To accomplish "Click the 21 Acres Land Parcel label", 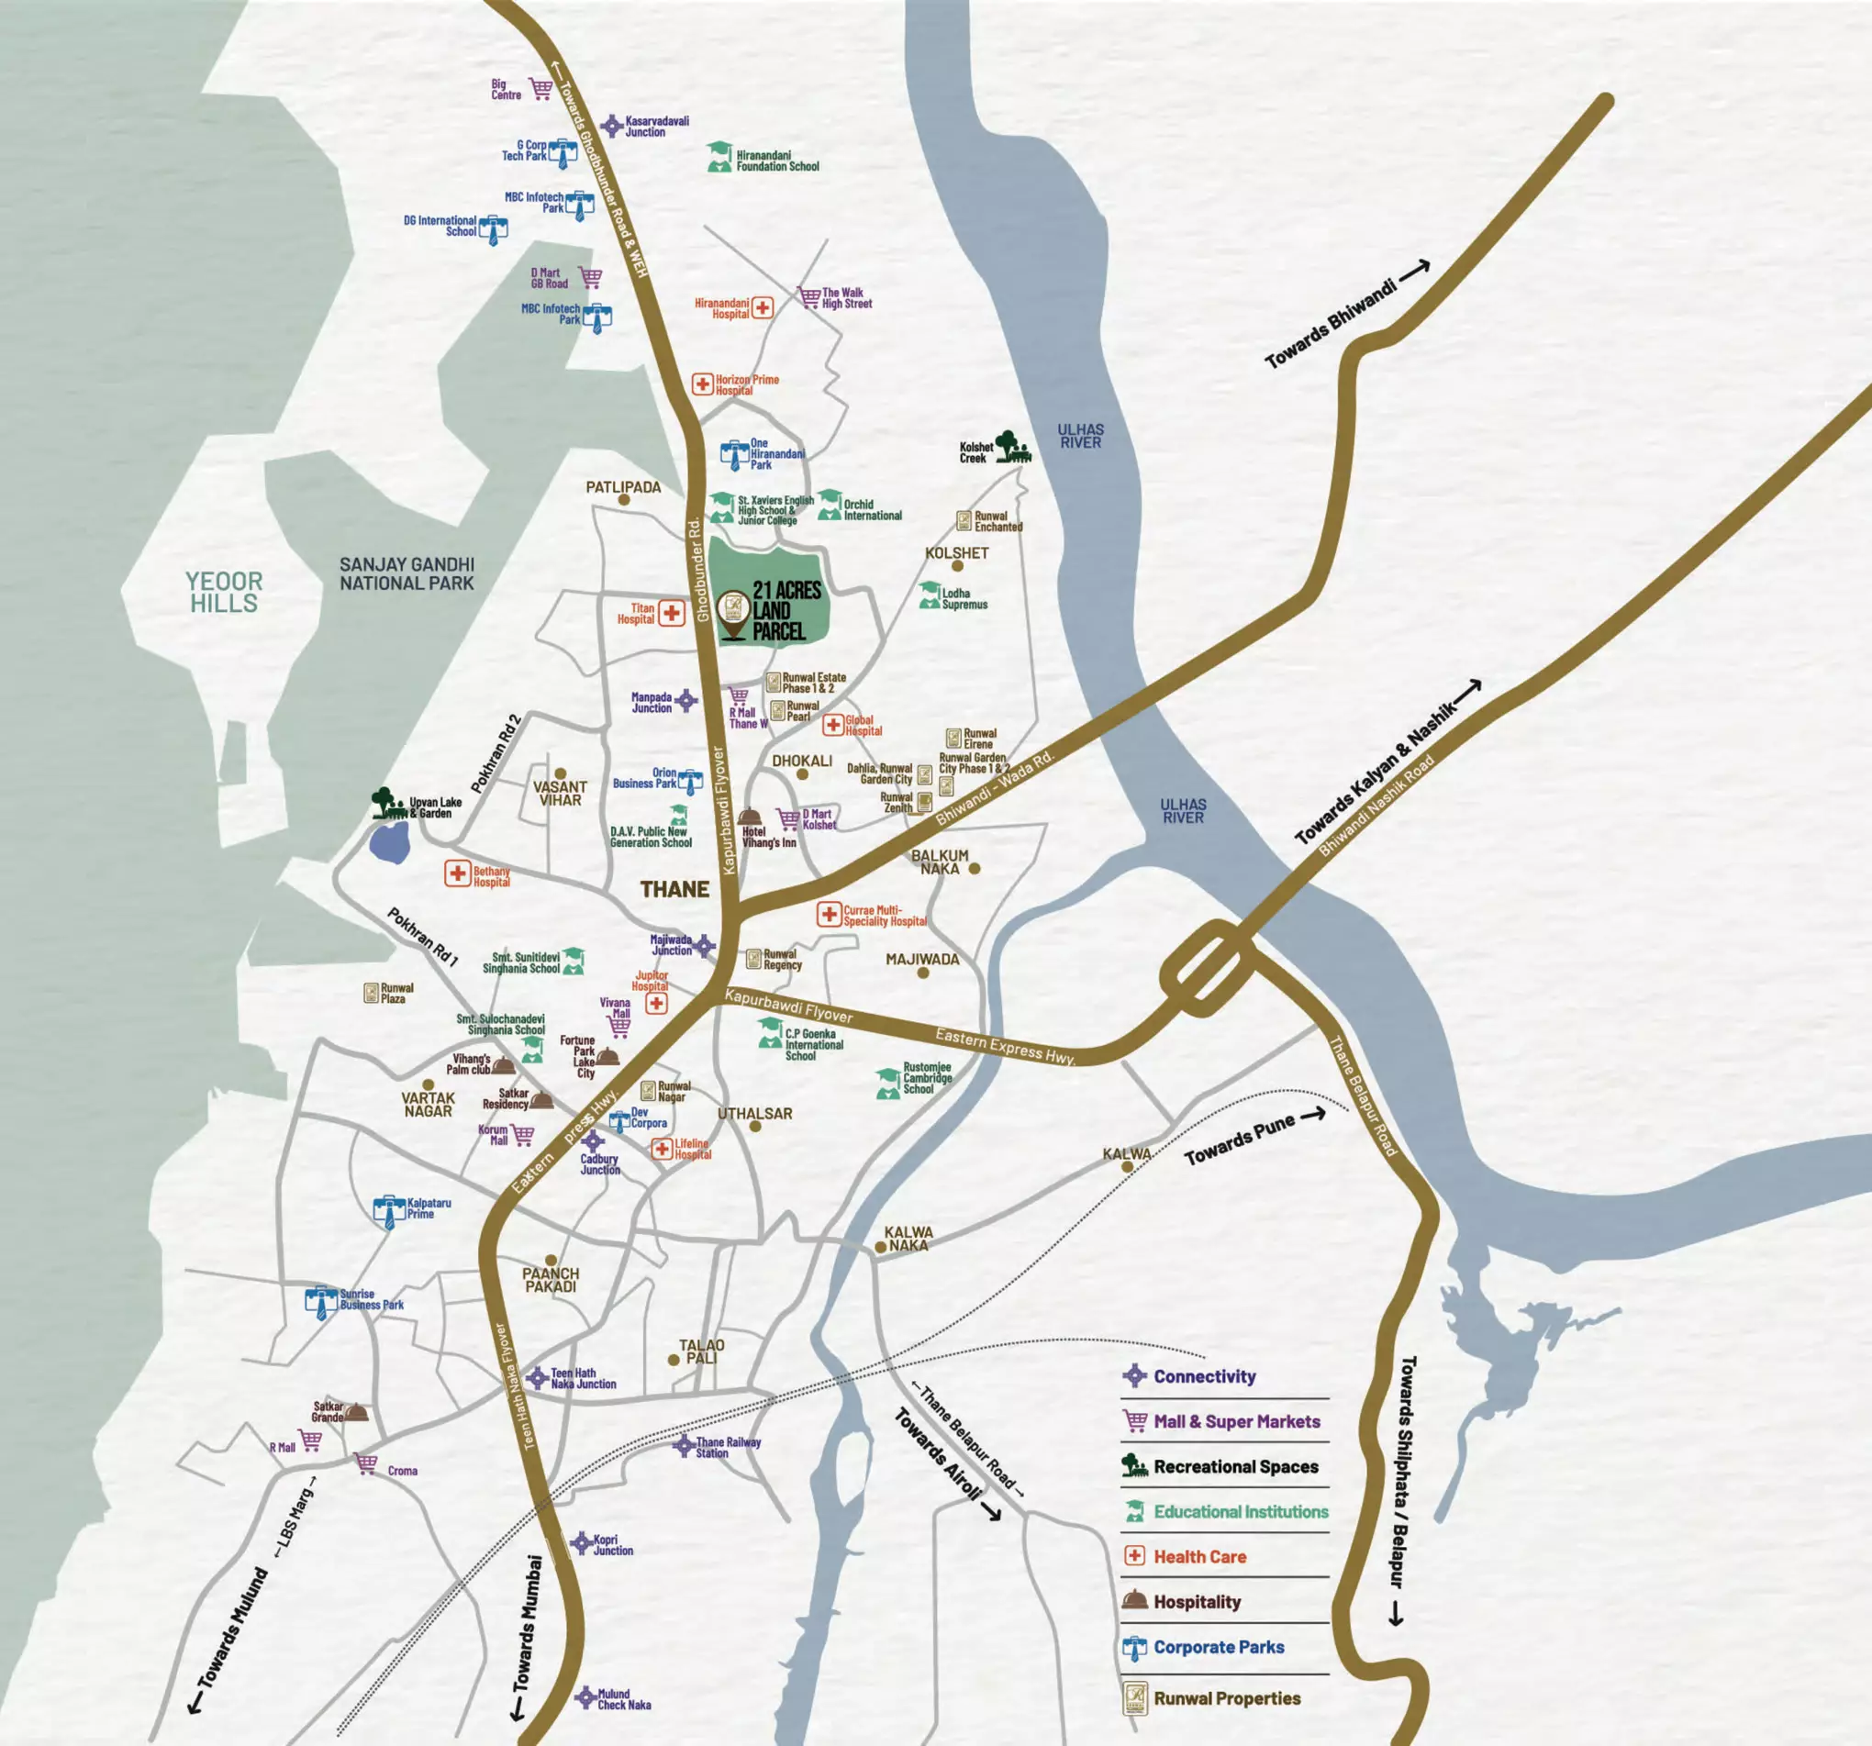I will tap(786, 610).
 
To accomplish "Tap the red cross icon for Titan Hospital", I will tap(672, 613).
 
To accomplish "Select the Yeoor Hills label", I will tap(224, 593).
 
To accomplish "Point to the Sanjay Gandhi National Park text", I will tap(407, 573).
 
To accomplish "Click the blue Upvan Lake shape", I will tap(389, 843).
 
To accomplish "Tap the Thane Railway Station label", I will tap(728, 1448).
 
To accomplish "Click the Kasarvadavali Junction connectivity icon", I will tap(612, 126).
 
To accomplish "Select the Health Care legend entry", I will tap(1198, 1557).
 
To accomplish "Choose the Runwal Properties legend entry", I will tap(1226, 1698).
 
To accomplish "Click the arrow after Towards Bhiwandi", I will tap(1414, 271).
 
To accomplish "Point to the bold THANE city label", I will tap(674, 889).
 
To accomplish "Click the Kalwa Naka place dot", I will tap(880, 1247).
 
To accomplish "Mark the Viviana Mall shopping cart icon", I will tap(618, 1026).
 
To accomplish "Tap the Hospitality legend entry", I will tap(1196, 1602).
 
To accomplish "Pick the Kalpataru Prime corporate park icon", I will tap(389, 1211).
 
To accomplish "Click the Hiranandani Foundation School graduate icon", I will tap(719, 157).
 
